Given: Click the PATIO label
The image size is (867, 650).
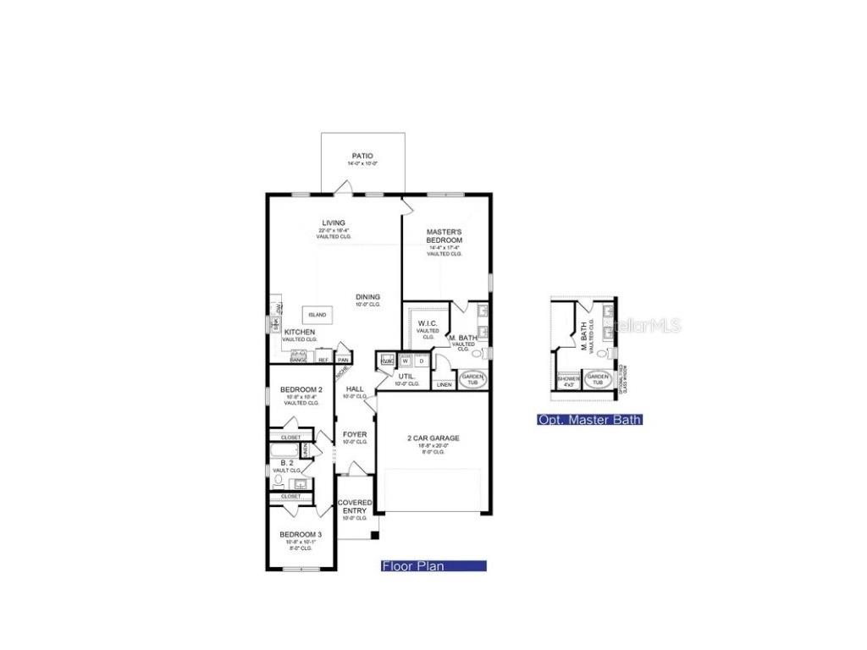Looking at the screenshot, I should (362, 157).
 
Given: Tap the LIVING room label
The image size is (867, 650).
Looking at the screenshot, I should (333, 223).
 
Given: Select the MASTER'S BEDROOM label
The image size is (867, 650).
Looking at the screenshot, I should (444, 236).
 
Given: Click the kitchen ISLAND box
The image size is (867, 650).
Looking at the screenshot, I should (317, 315).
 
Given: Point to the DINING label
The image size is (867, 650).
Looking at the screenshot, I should (367, 297).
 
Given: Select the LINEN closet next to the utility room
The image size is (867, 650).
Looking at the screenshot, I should (444, 384).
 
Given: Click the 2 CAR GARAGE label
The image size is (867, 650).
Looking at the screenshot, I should (433, 438).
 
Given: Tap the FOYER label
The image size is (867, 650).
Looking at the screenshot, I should (355, 435).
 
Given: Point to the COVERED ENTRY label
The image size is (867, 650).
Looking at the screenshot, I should (355, 506).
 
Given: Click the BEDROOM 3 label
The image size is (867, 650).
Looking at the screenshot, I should (301, 535).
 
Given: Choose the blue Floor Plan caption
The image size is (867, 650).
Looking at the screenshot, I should (433, 566).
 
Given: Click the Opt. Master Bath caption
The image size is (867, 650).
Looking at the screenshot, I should (589, 420).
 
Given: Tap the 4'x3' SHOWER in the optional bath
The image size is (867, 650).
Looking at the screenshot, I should (568, 381).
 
